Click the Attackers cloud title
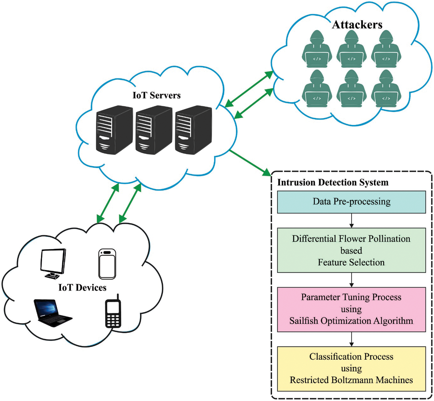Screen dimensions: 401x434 tap(357, 25)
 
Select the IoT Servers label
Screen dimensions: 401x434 tap(156, 95)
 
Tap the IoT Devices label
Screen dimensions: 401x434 tap(82, 288)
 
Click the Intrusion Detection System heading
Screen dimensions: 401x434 tap(333, 182)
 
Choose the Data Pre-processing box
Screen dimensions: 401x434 tap(351, 202)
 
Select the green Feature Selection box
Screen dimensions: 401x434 tap(351, 250)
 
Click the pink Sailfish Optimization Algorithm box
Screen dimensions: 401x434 tap(351, 309)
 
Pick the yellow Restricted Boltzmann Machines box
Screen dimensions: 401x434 tap(351, 369)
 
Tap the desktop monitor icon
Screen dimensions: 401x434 tap(53, 263)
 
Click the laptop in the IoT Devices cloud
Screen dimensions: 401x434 tap(52, 313)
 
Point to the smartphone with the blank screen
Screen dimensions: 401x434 tap(107, 264)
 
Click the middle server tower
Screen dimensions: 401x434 tap(154, 130)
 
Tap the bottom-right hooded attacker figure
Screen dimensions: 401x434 tap(386, 89)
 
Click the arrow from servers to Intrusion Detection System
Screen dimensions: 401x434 tap(250, 163)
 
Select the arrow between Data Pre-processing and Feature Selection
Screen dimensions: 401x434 tap(351, 221)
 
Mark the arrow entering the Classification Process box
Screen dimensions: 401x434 tap(351, 339)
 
